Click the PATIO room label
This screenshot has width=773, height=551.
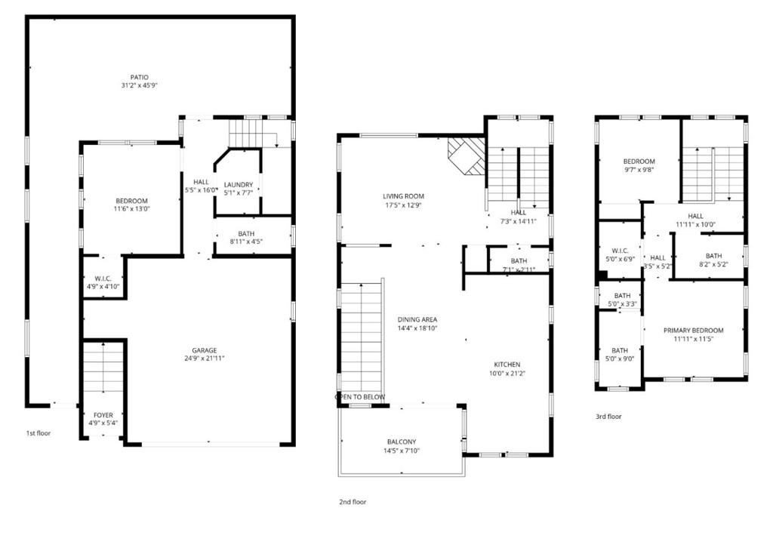[139, 77]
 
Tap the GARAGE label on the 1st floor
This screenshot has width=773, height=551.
[204, 350]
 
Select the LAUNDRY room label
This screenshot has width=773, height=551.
[239, 184]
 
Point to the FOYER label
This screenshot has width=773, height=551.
[103, 416]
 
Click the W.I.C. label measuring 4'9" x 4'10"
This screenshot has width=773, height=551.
[103, 278]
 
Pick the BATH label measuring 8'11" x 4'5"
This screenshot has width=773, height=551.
[246, 233]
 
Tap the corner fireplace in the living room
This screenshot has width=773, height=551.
[465, 155]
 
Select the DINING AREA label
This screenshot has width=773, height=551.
[417, 319]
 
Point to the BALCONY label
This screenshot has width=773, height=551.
[402, 442]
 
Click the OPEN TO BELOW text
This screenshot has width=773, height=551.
[360, 397]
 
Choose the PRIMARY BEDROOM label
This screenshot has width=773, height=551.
[693, 331]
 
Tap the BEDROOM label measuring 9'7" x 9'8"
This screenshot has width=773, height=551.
[639, 162]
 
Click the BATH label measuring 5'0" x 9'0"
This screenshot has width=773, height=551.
[620, 350]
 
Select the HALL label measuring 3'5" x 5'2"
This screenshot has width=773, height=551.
[658, 257]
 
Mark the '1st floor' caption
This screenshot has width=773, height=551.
[39, 433]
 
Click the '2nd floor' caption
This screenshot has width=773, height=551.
[353, 501]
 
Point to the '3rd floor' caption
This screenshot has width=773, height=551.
[608, 416]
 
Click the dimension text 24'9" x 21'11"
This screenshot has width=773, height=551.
[204, 359]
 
